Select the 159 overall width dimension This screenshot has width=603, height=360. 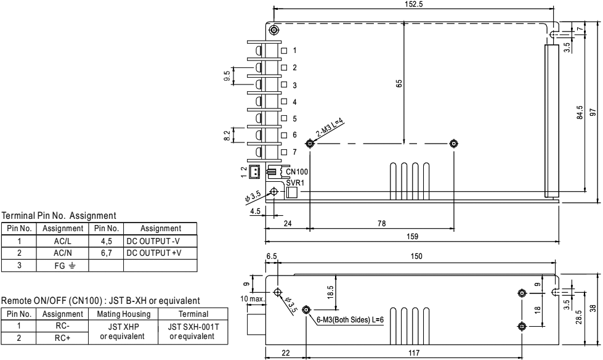412,235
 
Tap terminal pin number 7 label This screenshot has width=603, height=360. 295,152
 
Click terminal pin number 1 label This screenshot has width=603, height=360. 295,50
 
